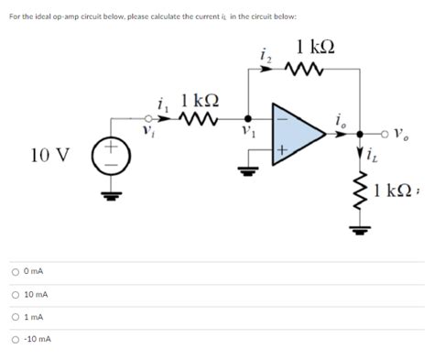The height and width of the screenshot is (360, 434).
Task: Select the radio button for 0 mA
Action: [16, 272]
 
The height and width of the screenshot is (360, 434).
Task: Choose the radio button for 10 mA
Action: [16, 294]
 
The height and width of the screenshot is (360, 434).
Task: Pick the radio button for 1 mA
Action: [16, 317]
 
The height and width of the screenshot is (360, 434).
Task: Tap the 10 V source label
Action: [49, 151]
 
